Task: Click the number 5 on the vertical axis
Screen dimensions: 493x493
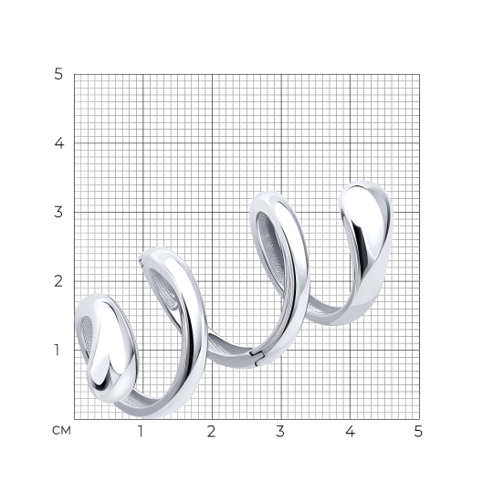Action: [x=58, y=74]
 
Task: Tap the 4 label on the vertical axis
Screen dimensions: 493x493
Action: [x=59, y=143]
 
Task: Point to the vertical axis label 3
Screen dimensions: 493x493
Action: [x=58, y=212]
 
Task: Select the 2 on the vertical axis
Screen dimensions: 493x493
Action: [x=58, y=281]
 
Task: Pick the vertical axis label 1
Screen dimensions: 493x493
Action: [x=57, y=350]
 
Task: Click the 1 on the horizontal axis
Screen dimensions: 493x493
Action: [x=141, y=431]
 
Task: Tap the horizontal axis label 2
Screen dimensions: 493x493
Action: [x=211, y=431]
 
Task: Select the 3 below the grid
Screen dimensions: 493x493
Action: [x=280, y=431]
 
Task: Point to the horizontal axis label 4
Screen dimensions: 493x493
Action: [x=350, y=431]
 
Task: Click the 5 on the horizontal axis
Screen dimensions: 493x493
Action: [x=418, y=431]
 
